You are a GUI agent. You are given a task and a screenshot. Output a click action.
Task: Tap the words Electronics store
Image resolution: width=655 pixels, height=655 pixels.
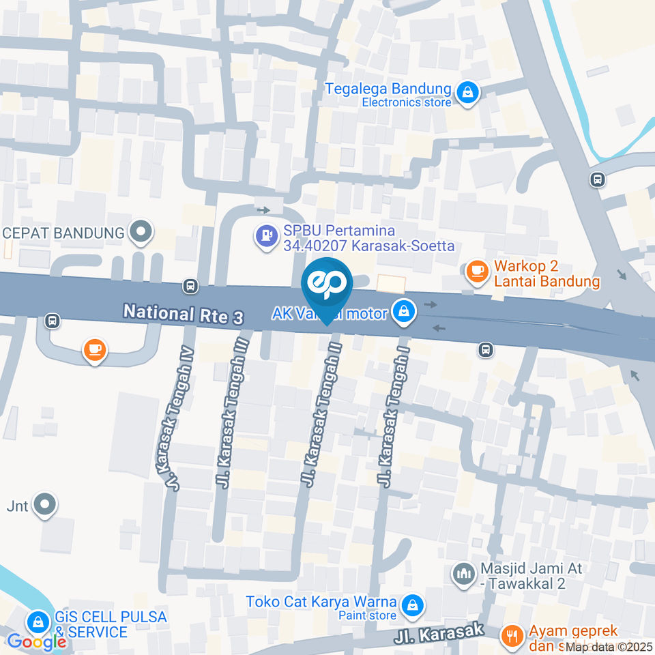pyautogui.click(x=407, y=102)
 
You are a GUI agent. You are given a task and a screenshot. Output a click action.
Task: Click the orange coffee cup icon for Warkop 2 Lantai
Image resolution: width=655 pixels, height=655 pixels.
pyautogui.click(x=476, y=270)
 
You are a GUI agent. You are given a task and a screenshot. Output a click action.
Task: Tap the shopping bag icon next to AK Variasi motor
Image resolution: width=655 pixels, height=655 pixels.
pyautogui.click(x=405, y=312)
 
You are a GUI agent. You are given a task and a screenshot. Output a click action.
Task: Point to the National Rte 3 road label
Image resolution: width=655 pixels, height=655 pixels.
pyautogui.click(x=183, y=315)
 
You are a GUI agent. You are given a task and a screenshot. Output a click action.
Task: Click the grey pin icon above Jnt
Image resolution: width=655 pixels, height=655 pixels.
pyautogui.click(x=45, y=505)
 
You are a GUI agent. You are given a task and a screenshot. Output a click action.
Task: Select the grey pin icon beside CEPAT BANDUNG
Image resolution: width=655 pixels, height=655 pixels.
pyautogui.click(x=141, y=232)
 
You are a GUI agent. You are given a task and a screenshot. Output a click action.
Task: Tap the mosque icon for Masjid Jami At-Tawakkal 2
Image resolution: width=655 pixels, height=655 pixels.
pyautogui.click(x=464, y=574)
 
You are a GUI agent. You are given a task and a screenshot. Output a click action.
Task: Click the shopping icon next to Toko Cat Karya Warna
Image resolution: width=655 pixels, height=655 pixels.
pyautogui.click(x=413, y=604)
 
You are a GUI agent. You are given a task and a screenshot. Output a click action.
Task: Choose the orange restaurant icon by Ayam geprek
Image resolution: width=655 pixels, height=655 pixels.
pyautogui.click(x=510, y=636)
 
